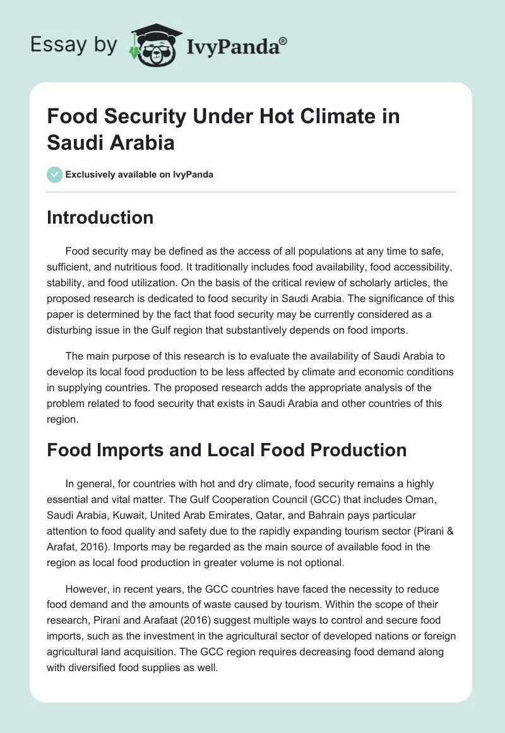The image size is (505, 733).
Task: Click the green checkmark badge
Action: coord(55,174)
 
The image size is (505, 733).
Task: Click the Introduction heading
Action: coord(100,217)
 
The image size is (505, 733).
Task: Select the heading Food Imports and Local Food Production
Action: coord(227,451)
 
